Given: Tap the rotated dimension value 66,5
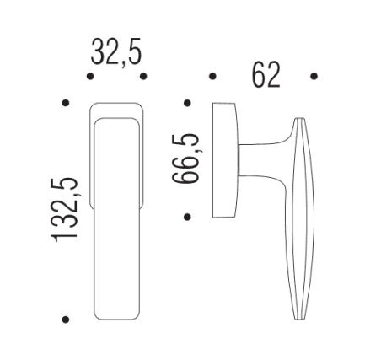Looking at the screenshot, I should coord(185,159).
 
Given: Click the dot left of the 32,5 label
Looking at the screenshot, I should coord(89,77).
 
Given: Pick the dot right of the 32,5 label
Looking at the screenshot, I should coord(144,77).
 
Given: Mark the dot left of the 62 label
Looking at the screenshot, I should coord(212,77).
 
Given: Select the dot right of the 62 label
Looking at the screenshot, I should coord(314,77).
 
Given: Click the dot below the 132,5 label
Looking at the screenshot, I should coord(65,320).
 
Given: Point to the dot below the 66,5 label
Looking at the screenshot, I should coord(186,216).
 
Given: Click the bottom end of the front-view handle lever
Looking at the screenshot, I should coord(116,317).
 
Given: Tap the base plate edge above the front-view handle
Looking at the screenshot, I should coord(116,107).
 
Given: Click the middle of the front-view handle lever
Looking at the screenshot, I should coord(116,219).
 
